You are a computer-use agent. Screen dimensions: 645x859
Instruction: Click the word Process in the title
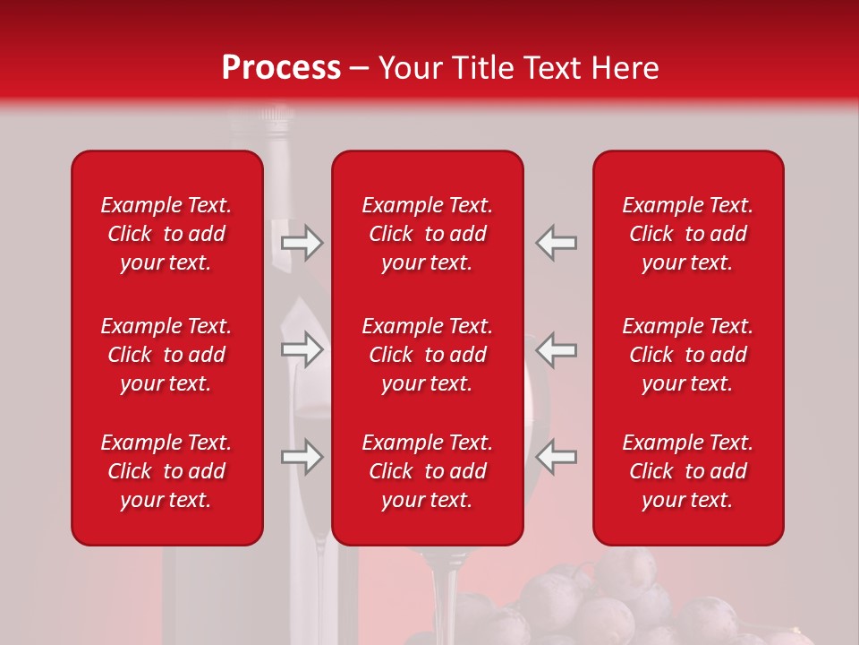281,68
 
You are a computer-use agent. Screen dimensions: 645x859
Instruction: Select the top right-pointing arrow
302,243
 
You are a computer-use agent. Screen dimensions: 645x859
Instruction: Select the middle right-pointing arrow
302,350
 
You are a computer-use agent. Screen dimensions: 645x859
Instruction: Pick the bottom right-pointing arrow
302,458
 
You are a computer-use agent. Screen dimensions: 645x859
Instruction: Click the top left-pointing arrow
556,243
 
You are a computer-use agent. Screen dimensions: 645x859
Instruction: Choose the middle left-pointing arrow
556,350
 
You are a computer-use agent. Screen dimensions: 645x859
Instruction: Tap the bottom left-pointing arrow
556,458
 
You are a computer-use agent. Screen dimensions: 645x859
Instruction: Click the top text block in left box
166,234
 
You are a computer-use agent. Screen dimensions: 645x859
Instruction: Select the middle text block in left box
166,355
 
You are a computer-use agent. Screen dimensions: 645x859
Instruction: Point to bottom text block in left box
166,471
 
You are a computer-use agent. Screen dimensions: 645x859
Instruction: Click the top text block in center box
427,234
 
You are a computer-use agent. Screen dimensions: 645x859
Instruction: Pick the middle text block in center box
427,355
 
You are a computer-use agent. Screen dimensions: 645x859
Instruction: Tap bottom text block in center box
427,471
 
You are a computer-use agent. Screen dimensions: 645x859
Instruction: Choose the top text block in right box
687,234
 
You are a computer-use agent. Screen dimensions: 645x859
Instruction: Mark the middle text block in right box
687,355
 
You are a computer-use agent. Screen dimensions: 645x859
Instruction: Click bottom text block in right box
687,471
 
